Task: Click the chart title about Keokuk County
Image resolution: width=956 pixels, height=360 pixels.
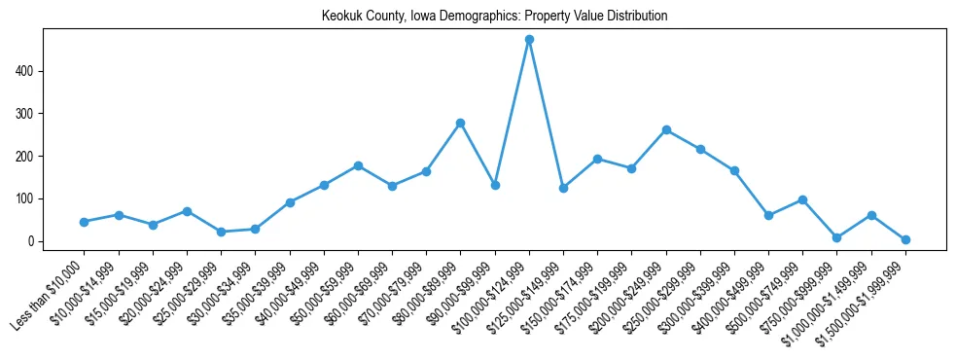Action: (494, 17)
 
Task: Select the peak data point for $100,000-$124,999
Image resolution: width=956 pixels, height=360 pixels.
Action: (529, 40)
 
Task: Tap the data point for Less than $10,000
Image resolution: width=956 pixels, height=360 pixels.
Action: (84, 222)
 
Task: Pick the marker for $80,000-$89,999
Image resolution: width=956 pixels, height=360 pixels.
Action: (460, 123)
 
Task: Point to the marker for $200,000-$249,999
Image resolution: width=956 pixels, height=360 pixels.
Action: (666, 129)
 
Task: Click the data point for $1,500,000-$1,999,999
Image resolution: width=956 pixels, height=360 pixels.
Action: (905, 239)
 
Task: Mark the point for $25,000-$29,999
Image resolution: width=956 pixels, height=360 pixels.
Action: (221, 232)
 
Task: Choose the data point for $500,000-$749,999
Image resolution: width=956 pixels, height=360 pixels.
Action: (802, 199)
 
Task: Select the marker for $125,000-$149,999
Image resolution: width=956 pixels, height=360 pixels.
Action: (563, 188)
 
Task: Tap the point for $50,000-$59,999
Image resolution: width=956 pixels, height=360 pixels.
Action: (358, 165)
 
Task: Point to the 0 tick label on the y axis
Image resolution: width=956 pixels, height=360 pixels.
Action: (32, 241)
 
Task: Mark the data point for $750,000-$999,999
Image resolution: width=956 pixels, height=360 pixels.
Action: (836, 237)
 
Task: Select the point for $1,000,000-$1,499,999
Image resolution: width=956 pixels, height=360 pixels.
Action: (871, 215)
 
